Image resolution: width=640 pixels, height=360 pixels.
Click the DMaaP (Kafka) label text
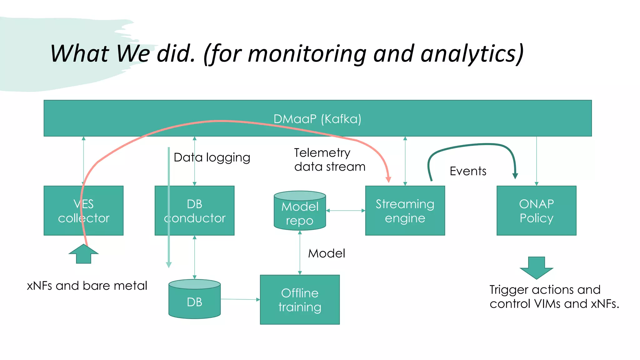click(317, 119)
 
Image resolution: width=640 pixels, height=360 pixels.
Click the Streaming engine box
click(405, 211)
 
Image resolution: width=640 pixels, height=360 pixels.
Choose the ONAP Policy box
click(536, 211)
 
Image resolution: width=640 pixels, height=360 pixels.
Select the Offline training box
click(300, 300)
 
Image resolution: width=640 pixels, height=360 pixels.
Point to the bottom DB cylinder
click(194, 302)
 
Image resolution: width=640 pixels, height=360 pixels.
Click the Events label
click(468, 171)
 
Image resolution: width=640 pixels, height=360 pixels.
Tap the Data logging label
click(212, 157)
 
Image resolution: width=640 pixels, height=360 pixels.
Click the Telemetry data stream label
click(329, 160)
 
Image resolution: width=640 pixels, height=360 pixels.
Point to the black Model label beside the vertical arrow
click(327, 253)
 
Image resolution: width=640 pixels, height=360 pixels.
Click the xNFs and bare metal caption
click(87, 286)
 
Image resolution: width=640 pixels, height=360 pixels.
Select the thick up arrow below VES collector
click(83, 255)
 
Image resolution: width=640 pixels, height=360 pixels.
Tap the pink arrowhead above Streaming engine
click(388, 179)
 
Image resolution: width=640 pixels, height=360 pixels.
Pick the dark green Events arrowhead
click(515, 176)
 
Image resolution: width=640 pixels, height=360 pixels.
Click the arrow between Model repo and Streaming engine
click(345, 211)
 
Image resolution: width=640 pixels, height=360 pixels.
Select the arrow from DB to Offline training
click(240, 299)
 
